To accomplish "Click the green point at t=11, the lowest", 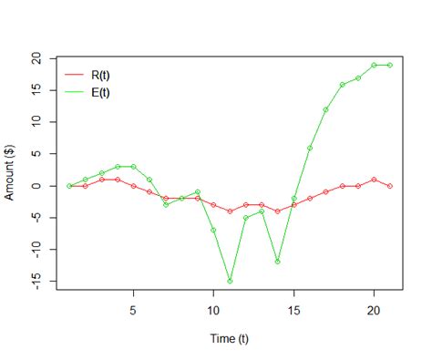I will pyautogui.click(x=230, y=282).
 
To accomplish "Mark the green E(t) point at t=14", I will pyautogui.click(x=277, y=262).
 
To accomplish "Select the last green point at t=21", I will pyautogui.click(x=390, y=65).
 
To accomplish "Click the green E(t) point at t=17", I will pyautogui.click(x=325, y=109).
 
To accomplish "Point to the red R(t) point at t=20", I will pyautogui.click(x=374, y=180).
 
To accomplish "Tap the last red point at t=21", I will pyautogui.click(x=390, y=186).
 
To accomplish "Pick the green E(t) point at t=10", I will pyautogui.click(x=213, y=231).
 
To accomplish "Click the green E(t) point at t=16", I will pyautogui.click(x=310, y=148).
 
